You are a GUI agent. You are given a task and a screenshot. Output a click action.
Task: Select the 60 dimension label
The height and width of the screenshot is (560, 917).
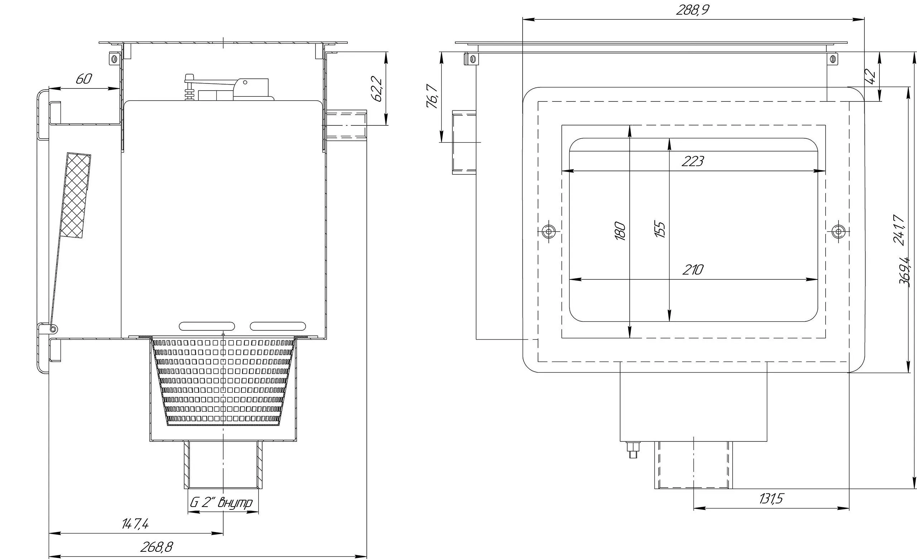pyautogui.click(x=84, y=79)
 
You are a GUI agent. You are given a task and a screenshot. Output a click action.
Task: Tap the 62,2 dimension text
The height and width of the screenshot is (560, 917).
pyautogui.click(x=376, y=89)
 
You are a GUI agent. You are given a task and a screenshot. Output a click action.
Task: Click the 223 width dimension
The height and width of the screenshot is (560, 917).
pyautogui.click(x=693, y=161)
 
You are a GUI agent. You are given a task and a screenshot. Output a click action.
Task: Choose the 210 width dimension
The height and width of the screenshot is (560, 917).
pyautogui.click(x=693, y=269)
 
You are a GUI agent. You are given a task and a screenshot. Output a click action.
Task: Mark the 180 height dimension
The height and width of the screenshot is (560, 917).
pyautogui.click(x=620, y=231)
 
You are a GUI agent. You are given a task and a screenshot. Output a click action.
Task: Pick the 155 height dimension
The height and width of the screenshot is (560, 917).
pyautogui.click(x=659, y=230)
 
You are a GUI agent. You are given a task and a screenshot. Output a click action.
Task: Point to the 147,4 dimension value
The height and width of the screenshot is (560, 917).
pyautogui.click(x=135, y=524)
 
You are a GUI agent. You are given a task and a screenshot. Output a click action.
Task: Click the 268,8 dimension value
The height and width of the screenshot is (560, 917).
pyautogui.click(x=157, y=547)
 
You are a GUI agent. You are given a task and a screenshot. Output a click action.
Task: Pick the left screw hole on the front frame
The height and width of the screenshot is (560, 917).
pyautogui.click(x=548, y=231)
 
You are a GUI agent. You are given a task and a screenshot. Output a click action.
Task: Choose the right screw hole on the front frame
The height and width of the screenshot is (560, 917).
pyautogui.click(x=838, y=231)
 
